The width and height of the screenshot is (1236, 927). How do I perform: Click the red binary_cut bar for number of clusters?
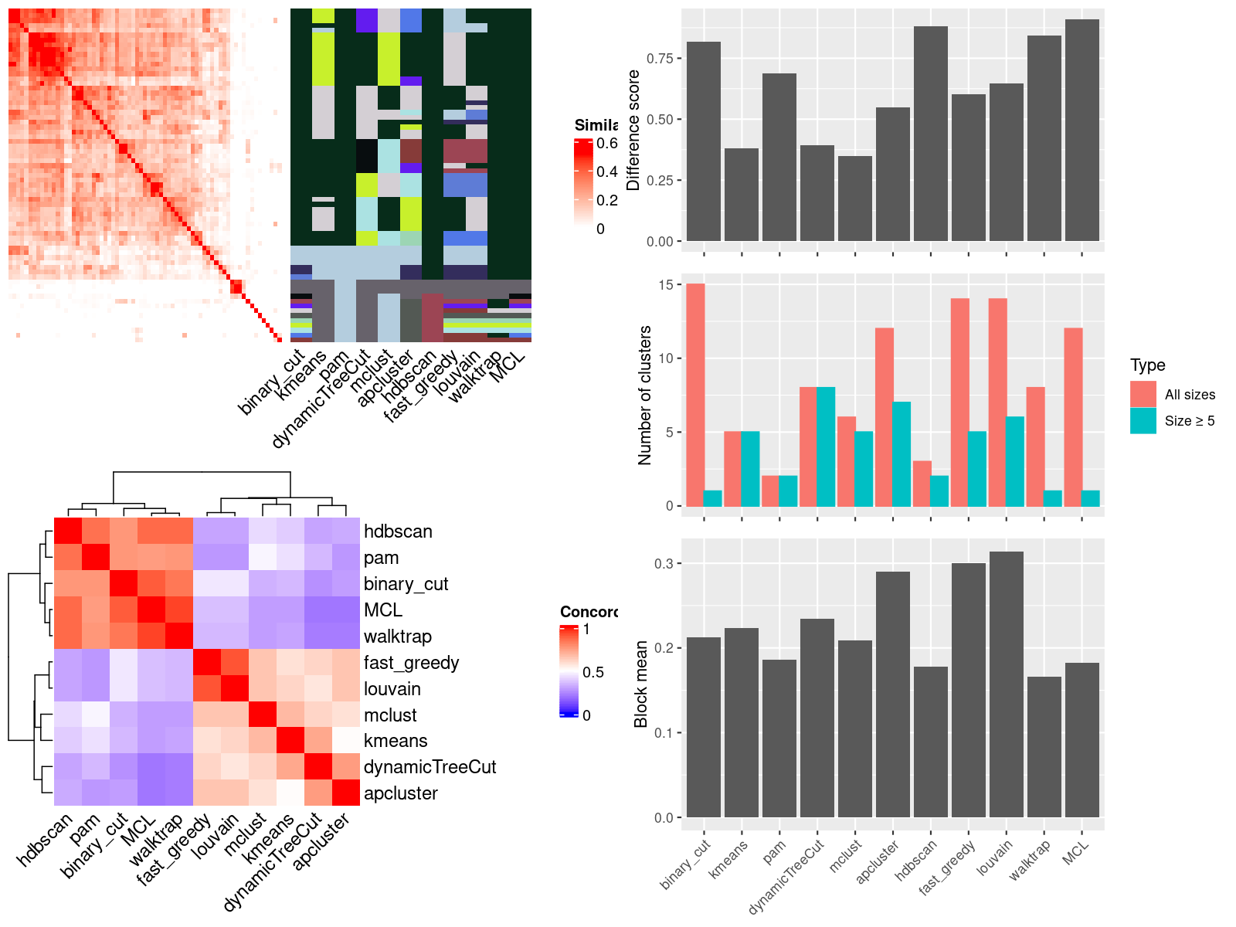tap(695, 395)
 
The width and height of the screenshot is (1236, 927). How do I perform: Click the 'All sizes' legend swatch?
tap(1143, 394)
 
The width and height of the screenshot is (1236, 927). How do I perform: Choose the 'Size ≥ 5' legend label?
tap(1190, 421)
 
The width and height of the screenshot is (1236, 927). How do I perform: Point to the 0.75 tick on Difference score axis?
tap(660, 59)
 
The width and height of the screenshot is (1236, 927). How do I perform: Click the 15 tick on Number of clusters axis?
tap(666, 285)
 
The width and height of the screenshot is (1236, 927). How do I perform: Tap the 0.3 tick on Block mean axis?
tap(664, 564)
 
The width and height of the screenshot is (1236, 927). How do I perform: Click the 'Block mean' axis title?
tap(640, 684)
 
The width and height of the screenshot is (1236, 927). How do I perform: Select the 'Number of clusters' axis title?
tap(645, 395)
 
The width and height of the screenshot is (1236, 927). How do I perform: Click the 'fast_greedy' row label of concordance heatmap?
tap(411, 663)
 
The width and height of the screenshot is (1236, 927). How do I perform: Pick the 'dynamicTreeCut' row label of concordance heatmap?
tap(430, 767)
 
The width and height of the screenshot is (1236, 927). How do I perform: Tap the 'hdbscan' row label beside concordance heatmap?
tap(398, 531)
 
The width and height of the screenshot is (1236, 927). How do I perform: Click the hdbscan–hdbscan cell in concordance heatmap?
tap(68, 531)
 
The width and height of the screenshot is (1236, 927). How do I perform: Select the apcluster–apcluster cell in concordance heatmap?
tap(346, 793)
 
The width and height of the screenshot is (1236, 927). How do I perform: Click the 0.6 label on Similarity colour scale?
tap(607, 144)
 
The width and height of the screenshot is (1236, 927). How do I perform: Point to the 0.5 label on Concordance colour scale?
tap(593, 672)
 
